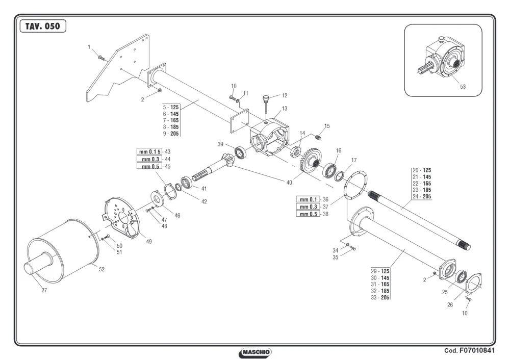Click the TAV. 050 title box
point(43,26)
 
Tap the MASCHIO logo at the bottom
point(255,352)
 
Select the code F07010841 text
point(469,350)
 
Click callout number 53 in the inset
point(463,87)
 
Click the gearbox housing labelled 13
point(269,137)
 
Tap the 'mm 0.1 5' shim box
point(149,151)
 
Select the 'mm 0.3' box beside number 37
point(308,207)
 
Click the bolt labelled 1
point(102,59)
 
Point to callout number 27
point(44,290)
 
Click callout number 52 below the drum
point(102,269)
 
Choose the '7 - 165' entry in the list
point(171,120)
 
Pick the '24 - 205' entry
point(422,196)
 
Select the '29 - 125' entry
point(380,271)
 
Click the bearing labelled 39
point(241,153)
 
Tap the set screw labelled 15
point(318,138)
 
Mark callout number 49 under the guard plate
point(148,241)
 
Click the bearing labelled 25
point(461,277)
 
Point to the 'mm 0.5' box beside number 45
point(149,167)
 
